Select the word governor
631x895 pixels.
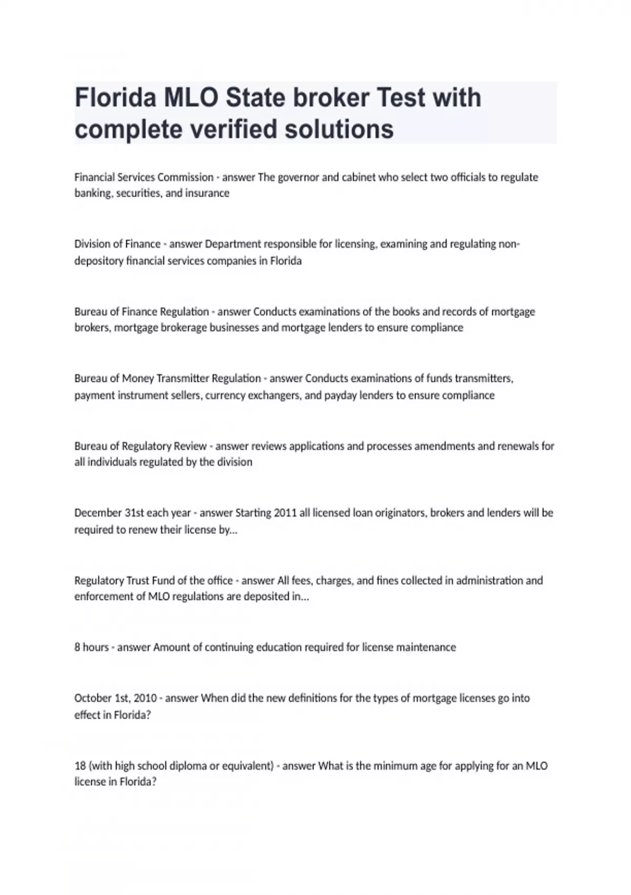[x=298, y=177]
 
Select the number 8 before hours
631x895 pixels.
[x=77, y=647]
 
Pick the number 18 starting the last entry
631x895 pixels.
[x=80, y=765]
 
